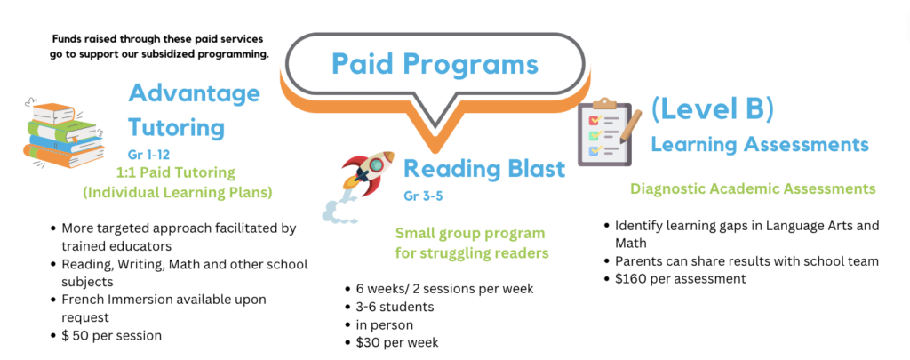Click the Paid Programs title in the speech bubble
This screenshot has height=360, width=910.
pos(435,63)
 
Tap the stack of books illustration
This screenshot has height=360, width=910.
pos(64,134)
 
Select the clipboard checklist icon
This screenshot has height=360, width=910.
pos(604,132)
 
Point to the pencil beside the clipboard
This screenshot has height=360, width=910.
pos(630,125)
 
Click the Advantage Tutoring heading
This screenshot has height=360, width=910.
pos(194,110)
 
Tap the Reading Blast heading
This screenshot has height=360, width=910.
pos(484,169)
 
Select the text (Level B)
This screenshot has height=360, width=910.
pos(712,110)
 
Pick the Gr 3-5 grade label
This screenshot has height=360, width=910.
pos(423,196)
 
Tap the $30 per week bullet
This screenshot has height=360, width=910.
pos(397,342)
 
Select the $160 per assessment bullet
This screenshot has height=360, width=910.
pos(680,279)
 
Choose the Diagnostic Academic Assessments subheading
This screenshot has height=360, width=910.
pos(753,188)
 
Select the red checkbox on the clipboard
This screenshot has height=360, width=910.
pos(593,121)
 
